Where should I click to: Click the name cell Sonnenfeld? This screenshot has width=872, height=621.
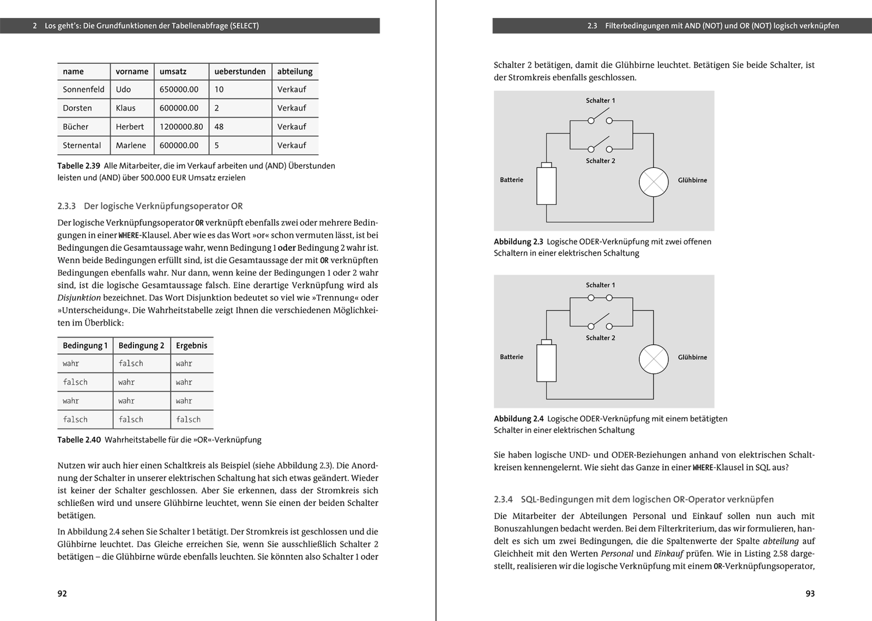83,89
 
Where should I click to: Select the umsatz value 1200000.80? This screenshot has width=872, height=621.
181,126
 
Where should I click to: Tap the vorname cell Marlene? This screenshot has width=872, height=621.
131,146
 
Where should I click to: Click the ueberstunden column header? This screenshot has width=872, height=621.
240,71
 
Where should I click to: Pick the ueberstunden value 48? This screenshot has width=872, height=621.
219,126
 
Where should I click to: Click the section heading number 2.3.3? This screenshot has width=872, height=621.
66,206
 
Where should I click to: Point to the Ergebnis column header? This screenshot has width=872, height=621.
191,346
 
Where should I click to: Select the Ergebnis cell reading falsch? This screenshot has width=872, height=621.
188,420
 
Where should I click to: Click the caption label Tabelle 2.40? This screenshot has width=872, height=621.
79,440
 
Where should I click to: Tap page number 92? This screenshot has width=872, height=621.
62,594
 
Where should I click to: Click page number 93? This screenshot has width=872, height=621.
810,594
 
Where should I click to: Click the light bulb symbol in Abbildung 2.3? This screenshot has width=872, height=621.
653,182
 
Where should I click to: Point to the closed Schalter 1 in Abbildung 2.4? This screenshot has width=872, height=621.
600,298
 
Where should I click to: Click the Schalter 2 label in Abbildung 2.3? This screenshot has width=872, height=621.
601,161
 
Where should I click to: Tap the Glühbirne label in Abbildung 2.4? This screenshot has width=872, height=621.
692,358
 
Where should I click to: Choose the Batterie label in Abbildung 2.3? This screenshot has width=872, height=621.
511,180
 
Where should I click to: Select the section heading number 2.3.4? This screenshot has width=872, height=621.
504,499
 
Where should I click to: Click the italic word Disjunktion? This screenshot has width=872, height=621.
79,298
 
